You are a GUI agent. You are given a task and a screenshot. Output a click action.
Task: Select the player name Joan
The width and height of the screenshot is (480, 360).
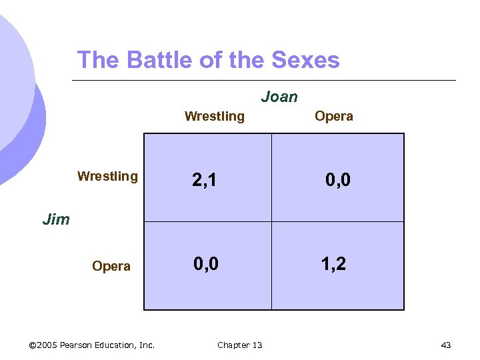[x=279, y=97]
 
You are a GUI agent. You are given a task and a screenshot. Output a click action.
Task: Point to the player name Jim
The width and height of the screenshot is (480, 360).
[x=55, y=219]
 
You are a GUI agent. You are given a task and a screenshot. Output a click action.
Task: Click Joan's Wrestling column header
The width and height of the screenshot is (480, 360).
[x=214, y=117]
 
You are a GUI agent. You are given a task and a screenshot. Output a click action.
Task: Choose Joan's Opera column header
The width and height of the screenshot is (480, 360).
[x=334, y=117]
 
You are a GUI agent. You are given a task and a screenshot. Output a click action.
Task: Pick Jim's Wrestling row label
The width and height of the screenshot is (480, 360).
[x=107, y=177]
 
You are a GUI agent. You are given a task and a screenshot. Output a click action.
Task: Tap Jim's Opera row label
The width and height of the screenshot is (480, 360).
[x=111, y=267]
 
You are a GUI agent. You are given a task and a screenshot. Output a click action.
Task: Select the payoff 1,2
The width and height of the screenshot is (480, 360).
[x=333, y=265]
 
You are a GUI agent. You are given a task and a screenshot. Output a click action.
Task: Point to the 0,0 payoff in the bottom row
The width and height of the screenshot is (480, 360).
[x=206, y=265]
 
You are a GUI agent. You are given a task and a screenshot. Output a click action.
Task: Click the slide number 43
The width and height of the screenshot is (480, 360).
[x=446, y=345]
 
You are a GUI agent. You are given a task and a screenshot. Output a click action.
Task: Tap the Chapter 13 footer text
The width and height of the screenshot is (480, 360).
[x=240, y=345]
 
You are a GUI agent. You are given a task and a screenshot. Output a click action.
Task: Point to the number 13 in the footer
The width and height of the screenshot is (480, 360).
[x=257, y=345]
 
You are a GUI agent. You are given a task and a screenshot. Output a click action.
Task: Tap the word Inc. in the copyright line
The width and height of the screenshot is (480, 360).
[x=147, y=345]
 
